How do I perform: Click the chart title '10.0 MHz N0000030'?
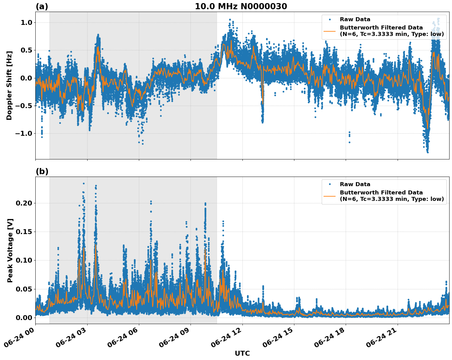241,6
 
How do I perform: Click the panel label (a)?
42,6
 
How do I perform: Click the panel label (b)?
42,171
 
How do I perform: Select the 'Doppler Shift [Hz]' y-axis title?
9,85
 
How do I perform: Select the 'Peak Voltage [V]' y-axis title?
10,250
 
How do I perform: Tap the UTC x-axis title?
242,353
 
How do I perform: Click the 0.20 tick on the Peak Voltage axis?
24,203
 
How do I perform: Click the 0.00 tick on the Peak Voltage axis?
24,317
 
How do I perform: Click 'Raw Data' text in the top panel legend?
355,19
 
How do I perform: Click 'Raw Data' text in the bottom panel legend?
355,184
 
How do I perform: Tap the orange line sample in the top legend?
330,31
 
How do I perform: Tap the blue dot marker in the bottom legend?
330,184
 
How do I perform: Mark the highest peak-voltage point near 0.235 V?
84,184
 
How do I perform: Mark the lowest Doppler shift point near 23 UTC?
427,152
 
